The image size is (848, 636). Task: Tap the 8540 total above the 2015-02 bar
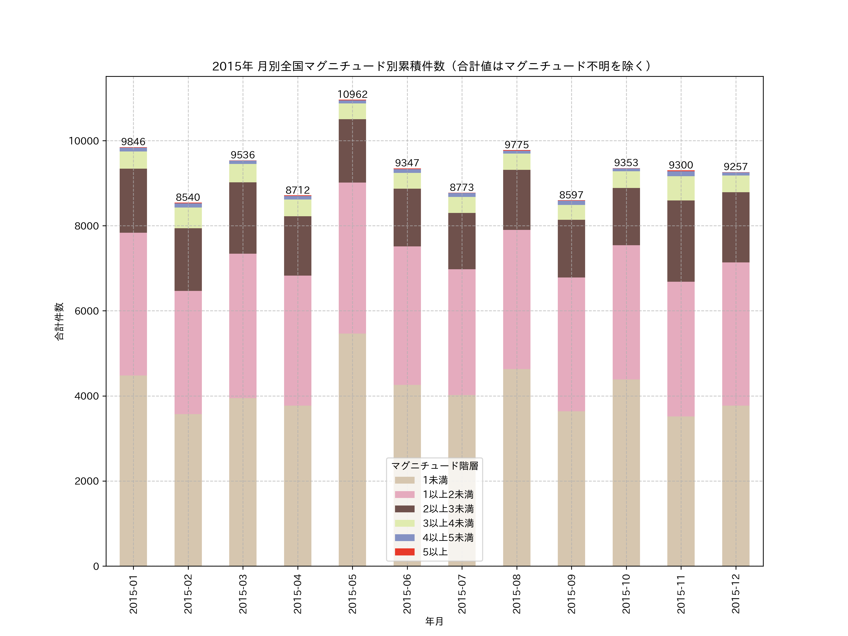tap(188, 197)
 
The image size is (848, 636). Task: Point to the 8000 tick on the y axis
tap(87, 226)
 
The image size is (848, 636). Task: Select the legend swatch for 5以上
tap(404, 552)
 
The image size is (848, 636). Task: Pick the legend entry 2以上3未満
tap(448, 509)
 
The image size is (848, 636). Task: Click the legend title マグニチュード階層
tap(434, 466)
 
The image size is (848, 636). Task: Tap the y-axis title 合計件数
tap(59, 321)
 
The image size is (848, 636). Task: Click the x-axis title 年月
tap(434, 621)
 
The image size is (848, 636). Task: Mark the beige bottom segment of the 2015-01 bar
tap(133, 470)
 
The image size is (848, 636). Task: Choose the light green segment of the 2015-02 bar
tap(188, 218)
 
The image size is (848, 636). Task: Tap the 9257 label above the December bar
tap(735, 167)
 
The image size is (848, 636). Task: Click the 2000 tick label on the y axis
tap(87, 481)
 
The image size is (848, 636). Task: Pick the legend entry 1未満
tap(435, 480)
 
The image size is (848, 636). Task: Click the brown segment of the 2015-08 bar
tap(516, 200)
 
